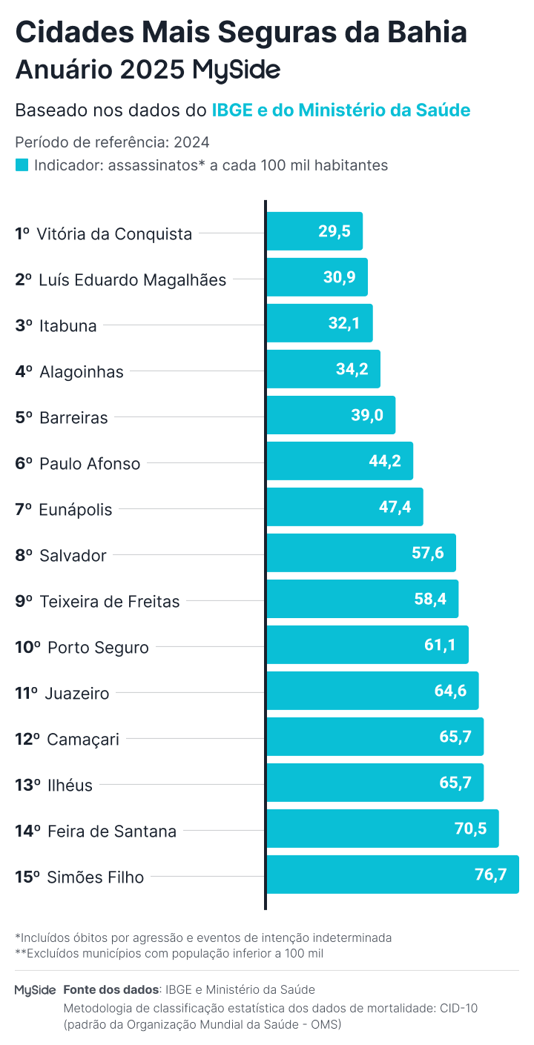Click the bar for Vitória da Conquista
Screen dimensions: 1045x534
click(314, 231)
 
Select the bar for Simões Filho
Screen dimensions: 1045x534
click(392, 875)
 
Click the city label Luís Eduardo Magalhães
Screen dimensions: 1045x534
click(132, 279)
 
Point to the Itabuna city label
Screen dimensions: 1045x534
click(67, 325)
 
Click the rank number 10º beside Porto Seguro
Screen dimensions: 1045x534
click(27, 647)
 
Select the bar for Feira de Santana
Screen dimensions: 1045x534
click(382, 829)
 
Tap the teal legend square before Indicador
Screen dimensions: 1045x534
click(22, 165)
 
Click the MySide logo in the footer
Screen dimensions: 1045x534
click(35, 990)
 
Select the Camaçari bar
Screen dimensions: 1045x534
click(375, 737)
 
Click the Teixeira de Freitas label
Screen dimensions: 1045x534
click(109, 601)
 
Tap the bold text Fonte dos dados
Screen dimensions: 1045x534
click(111, 989)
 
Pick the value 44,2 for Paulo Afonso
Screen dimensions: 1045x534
click(384, 461)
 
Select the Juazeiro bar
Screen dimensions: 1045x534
click(372, 691)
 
